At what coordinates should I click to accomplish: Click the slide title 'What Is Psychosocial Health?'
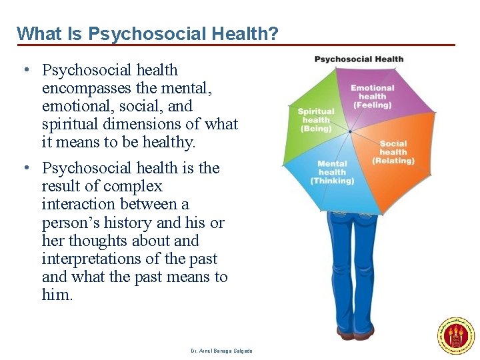[147, 33]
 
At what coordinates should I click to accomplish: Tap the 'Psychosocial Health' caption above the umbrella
[359, 59]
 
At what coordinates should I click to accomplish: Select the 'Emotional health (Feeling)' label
[373, 96]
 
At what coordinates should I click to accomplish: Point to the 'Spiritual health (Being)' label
[316, 120]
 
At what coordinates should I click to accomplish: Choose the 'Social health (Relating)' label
[393, 152]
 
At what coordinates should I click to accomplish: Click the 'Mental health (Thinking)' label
[332, 172]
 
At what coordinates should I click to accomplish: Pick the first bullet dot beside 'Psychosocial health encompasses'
[24, 70]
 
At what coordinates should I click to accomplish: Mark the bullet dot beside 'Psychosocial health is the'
[24, 168]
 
